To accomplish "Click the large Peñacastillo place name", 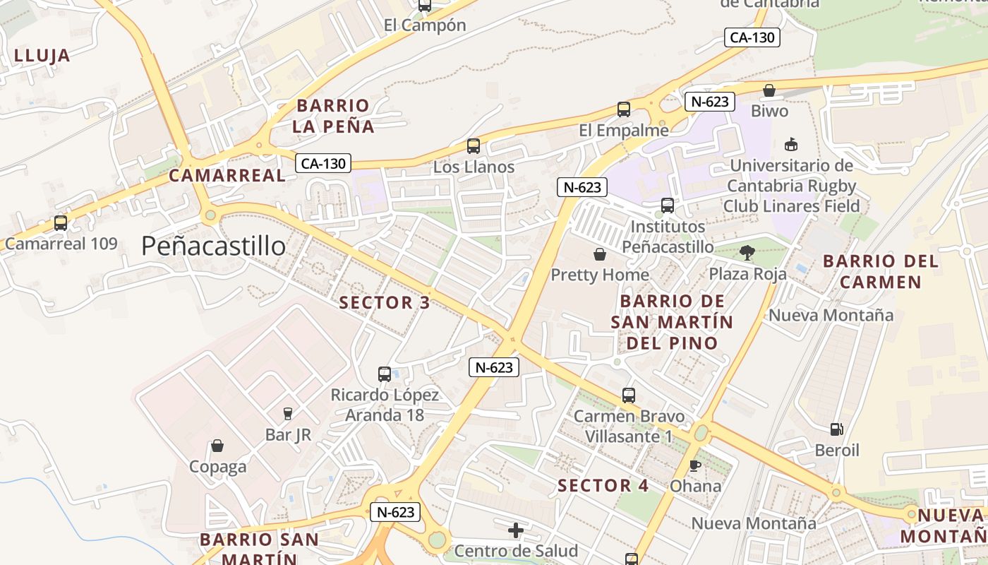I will pos(213,246).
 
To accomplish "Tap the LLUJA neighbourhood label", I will pos(42,56).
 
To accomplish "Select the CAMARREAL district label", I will pos(227,176).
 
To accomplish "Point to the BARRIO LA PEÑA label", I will pos(333,117).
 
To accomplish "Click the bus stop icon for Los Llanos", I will pos(474,146).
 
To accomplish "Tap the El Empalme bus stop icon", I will pos(624,109).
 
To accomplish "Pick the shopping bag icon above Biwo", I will pos(769,90).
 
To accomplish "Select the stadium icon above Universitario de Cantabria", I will pos(791,144).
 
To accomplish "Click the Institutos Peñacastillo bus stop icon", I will pos(668,206).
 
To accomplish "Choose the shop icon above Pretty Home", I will pos(600,254).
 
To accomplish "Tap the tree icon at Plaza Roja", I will pos(747,252).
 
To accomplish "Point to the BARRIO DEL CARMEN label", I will pos(881,271).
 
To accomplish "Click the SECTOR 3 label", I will pos(385,303).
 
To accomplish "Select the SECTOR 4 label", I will pos(603,486).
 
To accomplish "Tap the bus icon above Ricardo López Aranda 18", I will pos(385,374).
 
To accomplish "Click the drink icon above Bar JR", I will pos(288,414).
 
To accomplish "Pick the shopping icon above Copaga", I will pos(217,446).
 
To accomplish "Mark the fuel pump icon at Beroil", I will pos(836,429).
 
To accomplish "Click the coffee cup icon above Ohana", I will pos(695,465).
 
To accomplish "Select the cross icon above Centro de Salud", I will pos(516,530).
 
